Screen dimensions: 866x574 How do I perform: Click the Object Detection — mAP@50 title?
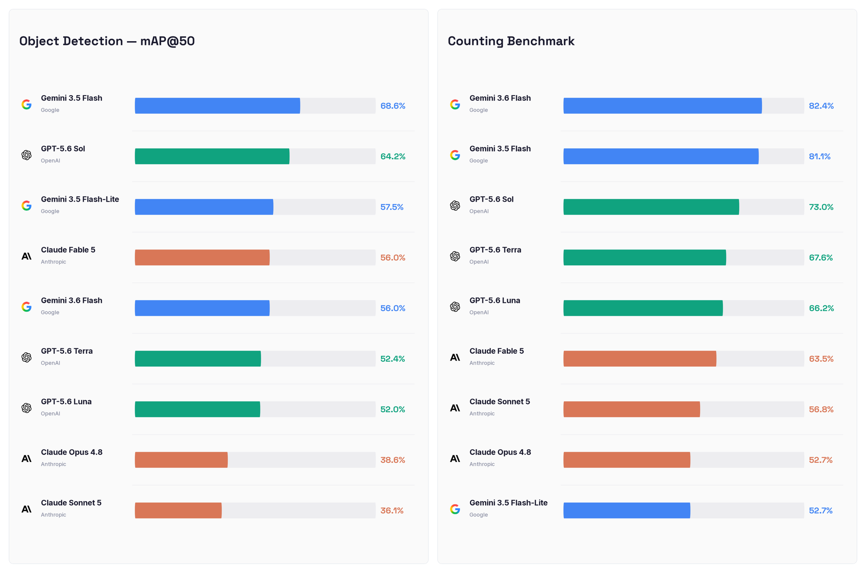(x=107, y=41)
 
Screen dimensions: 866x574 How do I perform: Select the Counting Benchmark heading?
(x=511, y=41)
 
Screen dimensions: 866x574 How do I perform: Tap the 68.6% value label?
(x=393, y=106)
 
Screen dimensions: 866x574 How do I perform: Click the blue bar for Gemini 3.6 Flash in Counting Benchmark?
(x=662, y=106)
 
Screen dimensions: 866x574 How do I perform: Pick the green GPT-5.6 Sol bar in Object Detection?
(x=212, y=156)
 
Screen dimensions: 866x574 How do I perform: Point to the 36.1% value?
(x=392, y=511)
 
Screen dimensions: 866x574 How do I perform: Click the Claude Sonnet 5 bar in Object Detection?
(x=178, y=510)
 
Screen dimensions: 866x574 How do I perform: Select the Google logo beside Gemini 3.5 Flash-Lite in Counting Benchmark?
(x=455, y=509)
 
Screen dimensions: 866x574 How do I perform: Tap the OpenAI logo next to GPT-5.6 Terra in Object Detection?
(x=26, y=358)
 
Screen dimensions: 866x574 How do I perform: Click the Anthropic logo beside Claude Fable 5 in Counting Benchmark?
(x=455, y=358)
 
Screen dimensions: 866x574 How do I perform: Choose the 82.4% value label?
(x=821, y=106)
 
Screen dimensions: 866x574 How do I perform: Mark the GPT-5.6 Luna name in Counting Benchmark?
(x=494, y=300)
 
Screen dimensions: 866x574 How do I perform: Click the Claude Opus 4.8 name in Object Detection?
(x=71, y=452)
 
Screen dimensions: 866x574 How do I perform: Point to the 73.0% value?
(x=821, y=207)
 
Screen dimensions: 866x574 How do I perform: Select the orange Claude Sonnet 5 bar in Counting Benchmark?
(x=632, y=409)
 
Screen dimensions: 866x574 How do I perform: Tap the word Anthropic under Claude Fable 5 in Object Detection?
(x=53, y=262)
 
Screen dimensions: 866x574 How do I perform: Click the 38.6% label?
(x=393, y=460)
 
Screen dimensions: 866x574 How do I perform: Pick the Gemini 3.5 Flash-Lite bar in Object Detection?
(x=204, y=207)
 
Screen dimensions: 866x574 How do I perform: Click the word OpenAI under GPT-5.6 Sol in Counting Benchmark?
(x=479, y=211)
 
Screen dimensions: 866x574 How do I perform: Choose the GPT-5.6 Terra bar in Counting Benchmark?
(x=645, y=258)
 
